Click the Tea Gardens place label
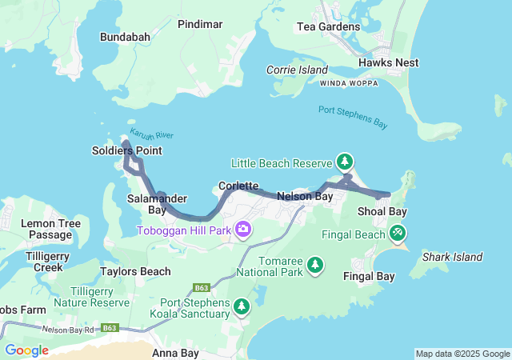click(x=328, y=26)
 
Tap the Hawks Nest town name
click(x=388, y=62)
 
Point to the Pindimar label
click(x=200, y=25)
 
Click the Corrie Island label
click(x=298, y=70)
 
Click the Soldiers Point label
click(x=126, y=150)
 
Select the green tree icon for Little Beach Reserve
click(x=345, y=162)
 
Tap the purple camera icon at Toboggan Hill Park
click(x=243, y=230)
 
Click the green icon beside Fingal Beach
click(x=398, y=233)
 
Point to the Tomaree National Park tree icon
click(x=315, y=264)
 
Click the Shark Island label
click(x=452, y=257)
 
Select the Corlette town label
click(x=238, y=186)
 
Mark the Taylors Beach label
click(x=136, y=271)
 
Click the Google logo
click(x=26, y=350)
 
